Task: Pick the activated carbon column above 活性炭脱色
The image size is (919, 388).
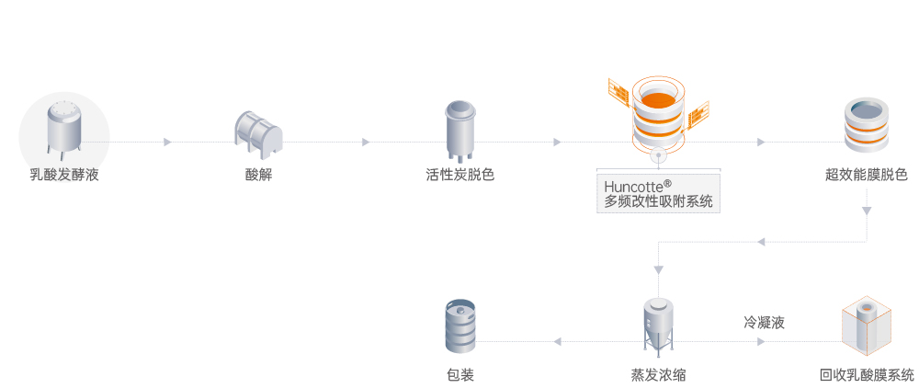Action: coord(459,128)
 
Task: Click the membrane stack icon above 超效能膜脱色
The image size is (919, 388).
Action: coord(867,125)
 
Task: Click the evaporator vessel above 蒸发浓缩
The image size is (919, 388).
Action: coord(658,326)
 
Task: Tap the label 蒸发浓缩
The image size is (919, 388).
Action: coord(658,375)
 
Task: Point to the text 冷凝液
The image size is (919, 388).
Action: coord(764,323)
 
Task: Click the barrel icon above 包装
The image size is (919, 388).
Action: coord(459,327)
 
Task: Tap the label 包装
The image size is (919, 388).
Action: coord(459,375)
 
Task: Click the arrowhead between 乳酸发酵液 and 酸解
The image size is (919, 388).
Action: coord(167,142)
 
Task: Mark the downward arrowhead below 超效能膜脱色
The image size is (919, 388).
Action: coord(867,211)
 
